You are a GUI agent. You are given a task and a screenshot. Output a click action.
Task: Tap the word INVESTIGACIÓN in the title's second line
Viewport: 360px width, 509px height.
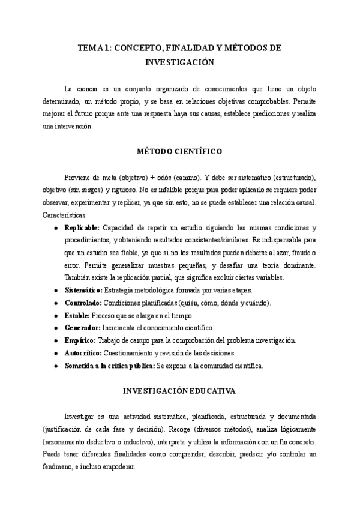coord(180,61)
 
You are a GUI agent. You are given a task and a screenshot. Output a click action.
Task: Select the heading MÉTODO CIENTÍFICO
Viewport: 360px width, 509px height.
coord(179,152)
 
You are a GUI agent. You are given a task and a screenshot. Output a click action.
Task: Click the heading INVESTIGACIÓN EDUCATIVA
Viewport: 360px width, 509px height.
coord(179,391)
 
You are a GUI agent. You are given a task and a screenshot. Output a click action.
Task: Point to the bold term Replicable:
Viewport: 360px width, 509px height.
coord(82,229)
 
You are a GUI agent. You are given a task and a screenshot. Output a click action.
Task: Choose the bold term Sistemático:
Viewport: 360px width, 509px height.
coord(83,290)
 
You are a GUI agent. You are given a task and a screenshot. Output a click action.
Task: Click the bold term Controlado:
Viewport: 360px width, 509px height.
coord(83,303)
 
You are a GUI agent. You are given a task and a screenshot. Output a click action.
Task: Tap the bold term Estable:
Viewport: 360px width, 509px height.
coord(77,315)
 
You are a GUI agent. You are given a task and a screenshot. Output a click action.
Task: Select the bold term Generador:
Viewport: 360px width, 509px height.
coord(82,328)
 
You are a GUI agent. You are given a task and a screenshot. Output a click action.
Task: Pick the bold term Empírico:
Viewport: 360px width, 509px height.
coord(80,340)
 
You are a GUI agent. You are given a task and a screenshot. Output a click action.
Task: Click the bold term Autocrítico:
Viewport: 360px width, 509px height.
coord(83,353)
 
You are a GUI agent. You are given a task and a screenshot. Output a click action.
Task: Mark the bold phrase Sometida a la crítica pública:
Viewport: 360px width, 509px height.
coord(109,366)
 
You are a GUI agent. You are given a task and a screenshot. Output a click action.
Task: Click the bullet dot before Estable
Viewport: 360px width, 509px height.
coord(56,315)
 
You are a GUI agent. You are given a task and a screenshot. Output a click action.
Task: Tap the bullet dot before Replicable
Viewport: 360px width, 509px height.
coord(56,229)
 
